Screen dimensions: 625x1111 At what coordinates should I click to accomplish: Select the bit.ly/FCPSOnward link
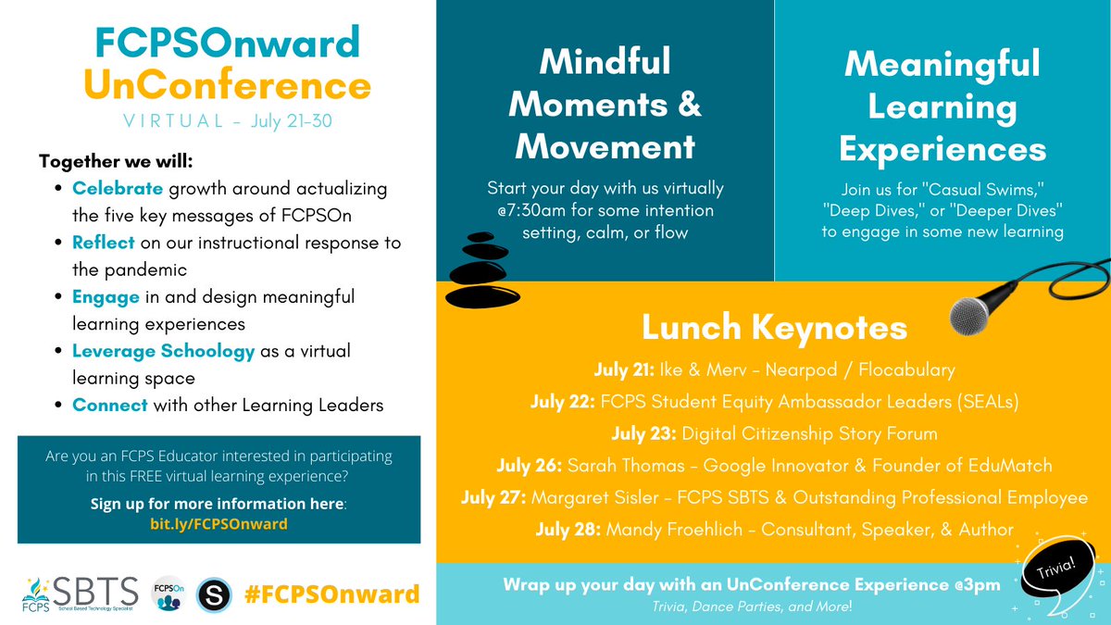(x=218, y=524)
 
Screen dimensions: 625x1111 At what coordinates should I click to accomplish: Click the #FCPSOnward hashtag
(x=331, y=594)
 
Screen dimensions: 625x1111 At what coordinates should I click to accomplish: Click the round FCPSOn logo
(x=168, y=593)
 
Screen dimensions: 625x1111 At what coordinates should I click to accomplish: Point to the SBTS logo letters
(x=97, y=589)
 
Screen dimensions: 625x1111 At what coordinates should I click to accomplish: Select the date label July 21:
(x=625, y=370)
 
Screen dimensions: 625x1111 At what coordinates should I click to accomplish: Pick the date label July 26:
(x=566, y=466)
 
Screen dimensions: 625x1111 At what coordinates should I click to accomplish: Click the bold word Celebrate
(x=118, y=188)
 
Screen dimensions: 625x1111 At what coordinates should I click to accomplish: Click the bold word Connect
(x=110, y=406)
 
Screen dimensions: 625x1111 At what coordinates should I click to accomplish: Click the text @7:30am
(x=527, y=211)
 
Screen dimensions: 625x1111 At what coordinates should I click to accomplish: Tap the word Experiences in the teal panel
(x=942, y=149)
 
